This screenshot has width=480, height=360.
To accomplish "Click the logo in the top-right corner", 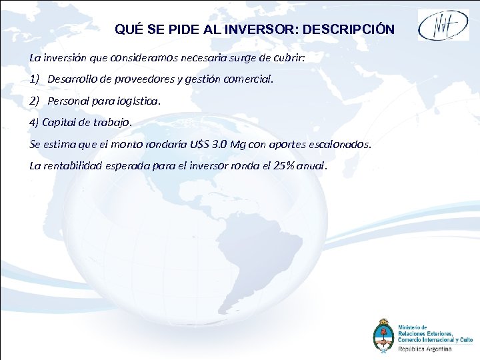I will coord(443,26).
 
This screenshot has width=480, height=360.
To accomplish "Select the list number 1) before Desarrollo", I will coord(35,79).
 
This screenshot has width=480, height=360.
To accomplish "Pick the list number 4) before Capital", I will coord(35,123).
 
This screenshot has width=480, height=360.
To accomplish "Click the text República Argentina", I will coord(425,349).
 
